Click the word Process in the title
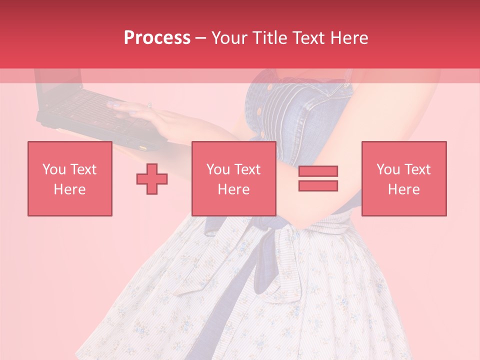pyautogui.click(x=157, y=38)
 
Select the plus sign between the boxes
pyautogui.click(x=152, y=178)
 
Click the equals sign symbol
pyautogui.click(x=318, y=178)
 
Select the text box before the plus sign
pyautogui.click(x=70, y=178)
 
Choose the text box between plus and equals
pyautogui.click(x=233, y=178)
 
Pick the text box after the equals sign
pyautogui.click(x=404, y=178)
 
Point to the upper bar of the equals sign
pyautogui.click(x=318, y=171)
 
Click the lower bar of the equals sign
pyautogui.click(x=318, y=186)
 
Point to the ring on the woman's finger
pyautogui.click(x=149, y=105)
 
